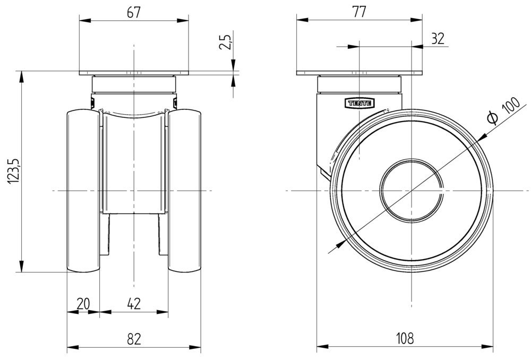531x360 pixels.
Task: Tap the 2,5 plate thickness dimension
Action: click(225, 41)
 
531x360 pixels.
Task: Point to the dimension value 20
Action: click(83, 304)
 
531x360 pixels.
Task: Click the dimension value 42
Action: click(134, 304)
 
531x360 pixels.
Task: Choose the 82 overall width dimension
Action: click(134, 339)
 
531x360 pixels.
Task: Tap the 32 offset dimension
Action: click(438, 38)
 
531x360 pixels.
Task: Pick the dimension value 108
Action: click(405, 339)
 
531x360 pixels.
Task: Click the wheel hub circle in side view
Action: click(412, 190)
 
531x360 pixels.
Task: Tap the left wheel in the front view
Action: click(83, 191)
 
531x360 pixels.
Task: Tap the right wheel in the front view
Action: click(185, 191)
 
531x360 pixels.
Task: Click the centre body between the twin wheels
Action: click(134, 165)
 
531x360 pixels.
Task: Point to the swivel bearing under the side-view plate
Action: click(359, 84)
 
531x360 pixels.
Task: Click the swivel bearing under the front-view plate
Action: click(134, 84)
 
